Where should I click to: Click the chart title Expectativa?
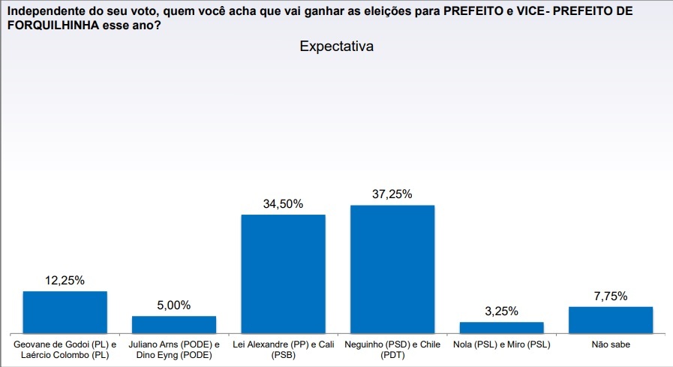(x=336, y=47)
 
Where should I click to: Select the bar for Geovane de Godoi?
(x=65, y=312)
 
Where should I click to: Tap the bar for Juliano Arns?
(x=174, y=324)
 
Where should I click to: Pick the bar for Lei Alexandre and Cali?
(x=283, y=274)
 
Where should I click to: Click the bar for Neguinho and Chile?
(x=392, y=269)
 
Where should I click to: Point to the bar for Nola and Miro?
(x=501, y=327)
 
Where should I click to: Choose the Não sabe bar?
(x=610, y=320)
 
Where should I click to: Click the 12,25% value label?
(x=65, y=281)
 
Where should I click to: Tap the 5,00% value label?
(x=174, y=305)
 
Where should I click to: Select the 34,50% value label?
(x=283, y=204)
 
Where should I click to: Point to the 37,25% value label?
(x=392, y=194)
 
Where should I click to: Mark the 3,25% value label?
(x=501, y=311)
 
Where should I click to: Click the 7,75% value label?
(x=610, y=296)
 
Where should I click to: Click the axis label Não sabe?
(x=610, y=345)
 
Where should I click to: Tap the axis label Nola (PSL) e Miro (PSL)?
(x=501, y=345)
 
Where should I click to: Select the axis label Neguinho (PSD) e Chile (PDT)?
(x=392, y=350)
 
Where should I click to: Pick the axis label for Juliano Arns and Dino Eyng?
(x=174, y=350)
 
